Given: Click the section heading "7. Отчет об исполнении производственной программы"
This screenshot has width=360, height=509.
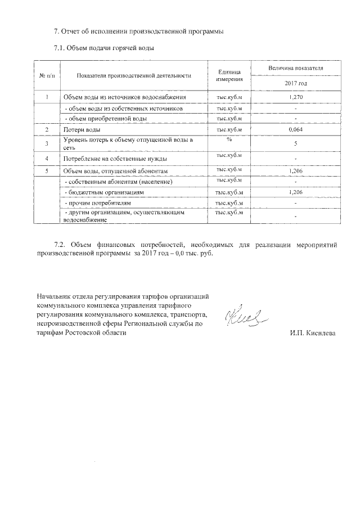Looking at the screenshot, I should [138, 31].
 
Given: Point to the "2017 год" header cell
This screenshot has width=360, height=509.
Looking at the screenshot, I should [296, 83].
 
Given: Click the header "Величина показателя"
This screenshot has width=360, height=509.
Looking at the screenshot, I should [296, 67].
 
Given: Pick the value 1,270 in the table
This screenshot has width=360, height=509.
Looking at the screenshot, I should [296, 98].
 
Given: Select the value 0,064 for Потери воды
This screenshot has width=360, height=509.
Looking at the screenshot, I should [296, 130].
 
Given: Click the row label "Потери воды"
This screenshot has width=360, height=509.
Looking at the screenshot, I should [82, 130].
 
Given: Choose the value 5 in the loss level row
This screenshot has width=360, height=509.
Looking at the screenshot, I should [296, 143].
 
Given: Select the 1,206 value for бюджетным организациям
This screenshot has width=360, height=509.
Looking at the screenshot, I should [296, 192].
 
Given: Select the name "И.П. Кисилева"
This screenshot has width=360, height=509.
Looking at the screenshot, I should [312, 334].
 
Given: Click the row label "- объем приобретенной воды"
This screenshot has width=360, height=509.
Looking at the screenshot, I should [106, 119].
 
